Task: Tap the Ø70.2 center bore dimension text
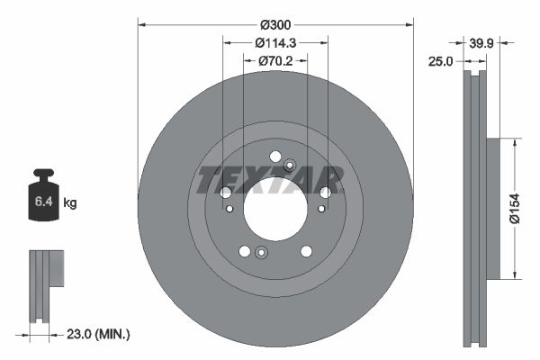click(276, 61)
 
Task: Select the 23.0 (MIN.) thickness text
click(99, 334)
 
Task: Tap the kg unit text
click(70, 203)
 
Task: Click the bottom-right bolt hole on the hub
click(306, 251)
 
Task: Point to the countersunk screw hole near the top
click(289, 165)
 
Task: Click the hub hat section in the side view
click(493, 208)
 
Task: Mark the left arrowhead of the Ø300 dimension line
click(140, 25)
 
